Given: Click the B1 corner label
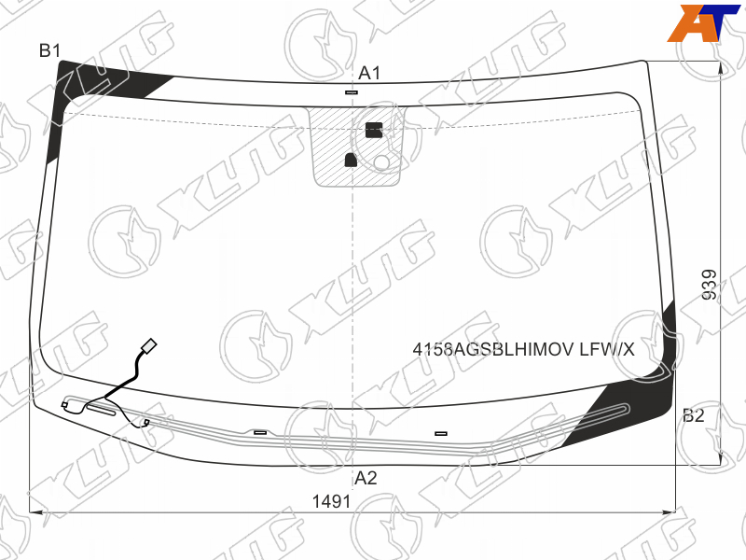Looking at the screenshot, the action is point(50,50).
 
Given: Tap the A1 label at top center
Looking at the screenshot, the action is point(369,74).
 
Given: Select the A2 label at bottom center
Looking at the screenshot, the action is point(366,478).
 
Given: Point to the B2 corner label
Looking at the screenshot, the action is point(693,415).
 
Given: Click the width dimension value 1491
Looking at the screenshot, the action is point(331,501).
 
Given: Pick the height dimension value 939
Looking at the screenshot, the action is point(710,285).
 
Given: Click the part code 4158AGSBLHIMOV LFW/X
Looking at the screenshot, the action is point(523,349).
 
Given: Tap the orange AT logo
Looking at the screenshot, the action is point(703,22).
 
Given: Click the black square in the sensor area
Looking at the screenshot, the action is point(374,130).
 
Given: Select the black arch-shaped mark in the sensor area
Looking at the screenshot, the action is point(351,160).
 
